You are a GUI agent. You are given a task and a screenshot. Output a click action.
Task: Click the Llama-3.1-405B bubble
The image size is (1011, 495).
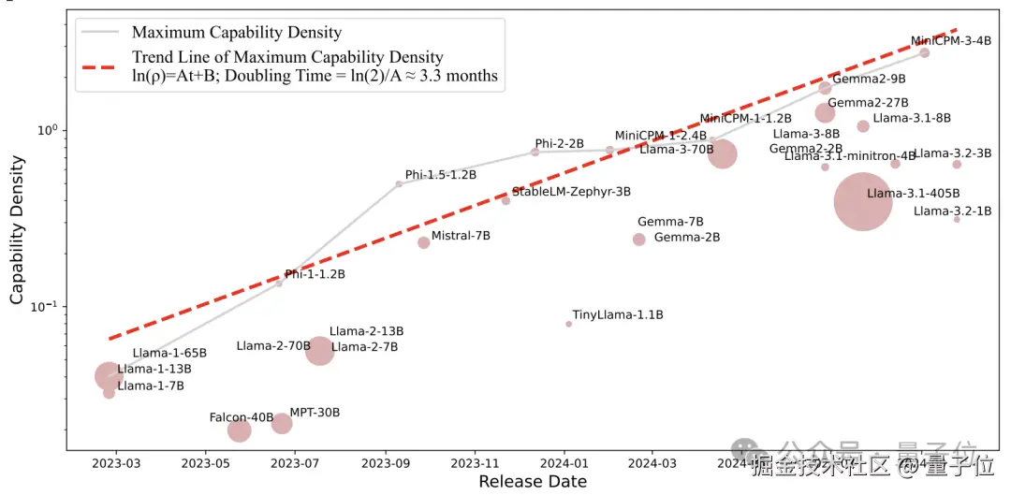862,201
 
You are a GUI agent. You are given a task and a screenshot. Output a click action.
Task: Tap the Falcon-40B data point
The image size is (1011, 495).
240,430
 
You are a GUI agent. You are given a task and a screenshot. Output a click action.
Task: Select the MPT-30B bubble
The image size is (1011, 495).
282,424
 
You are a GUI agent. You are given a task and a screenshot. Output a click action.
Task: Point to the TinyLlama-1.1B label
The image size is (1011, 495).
618,315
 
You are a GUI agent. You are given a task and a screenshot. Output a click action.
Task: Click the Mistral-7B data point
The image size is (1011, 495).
424,242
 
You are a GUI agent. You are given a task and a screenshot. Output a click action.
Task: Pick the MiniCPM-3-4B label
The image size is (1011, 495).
950,41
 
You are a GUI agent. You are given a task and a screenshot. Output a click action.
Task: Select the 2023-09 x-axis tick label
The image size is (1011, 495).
385,462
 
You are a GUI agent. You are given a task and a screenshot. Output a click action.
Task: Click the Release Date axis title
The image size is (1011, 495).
533,482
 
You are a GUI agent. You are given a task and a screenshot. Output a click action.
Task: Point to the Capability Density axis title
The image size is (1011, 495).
17,229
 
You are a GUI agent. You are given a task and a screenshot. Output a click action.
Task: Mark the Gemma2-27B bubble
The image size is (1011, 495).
825,113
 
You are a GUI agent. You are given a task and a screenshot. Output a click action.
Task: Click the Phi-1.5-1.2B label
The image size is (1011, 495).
441,175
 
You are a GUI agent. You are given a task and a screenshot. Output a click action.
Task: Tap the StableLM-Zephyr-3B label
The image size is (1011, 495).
571,192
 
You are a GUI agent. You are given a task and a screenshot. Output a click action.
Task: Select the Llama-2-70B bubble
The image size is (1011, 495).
320,351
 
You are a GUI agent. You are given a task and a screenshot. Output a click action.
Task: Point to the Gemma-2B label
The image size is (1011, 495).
687,238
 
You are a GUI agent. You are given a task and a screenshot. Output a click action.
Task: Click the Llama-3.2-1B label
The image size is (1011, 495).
952,211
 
